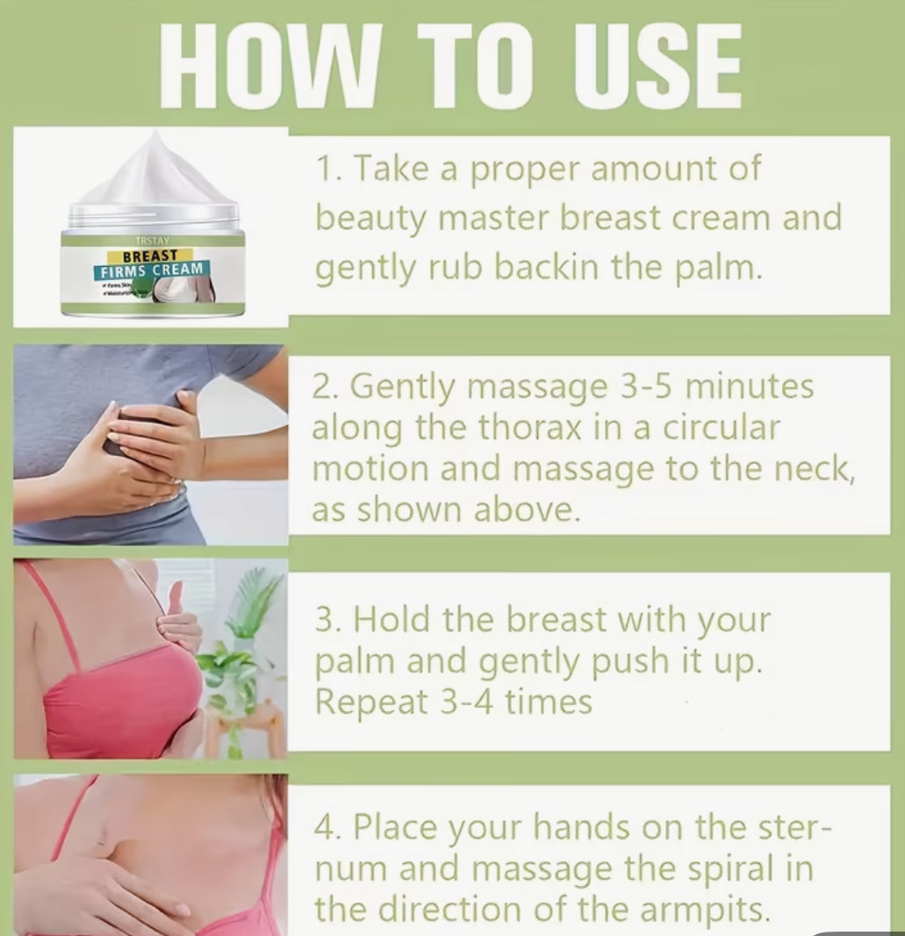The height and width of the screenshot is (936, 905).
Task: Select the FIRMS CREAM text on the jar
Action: tap(152, 269)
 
